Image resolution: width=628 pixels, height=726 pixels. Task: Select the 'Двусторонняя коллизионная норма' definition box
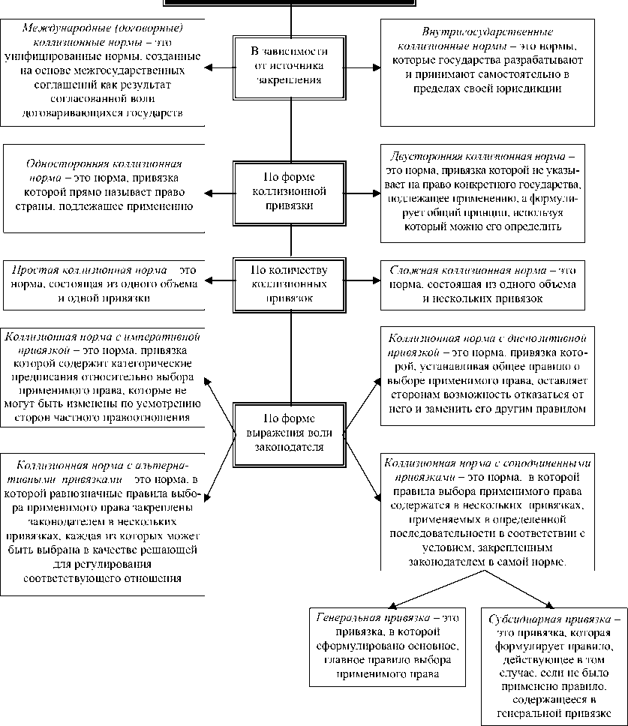click(x=482, y=193)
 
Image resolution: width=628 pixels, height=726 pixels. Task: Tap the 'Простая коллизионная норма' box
click(x=104, y=283)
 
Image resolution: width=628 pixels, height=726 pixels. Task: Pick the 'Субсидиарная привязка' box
click(x=554, y=663)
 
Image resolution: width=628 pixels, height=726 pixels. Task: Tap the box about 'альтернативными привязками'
click(x=104, y=521)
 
